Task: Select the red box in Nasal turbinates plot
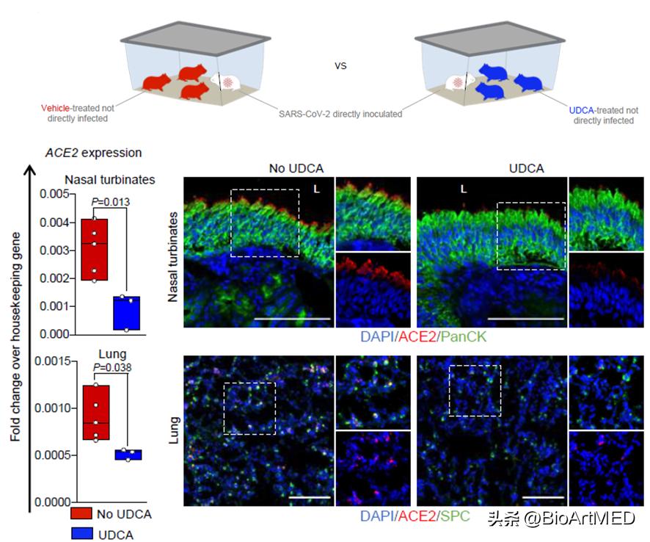[x=94, y=249]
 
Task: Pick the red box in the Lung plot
[x=95, y=413]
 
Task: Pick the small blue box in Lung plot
[x=129, y=455]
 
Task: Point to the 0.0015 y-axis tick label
[x=51, y=361]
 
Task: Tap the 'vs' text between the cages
[x=340, y=65]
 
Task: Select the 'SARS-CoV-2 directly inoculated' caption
[x=340, y=114]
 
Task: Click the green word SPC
[x=456, y=517]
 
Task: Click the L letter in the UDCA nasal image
[x=463, y=188]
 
